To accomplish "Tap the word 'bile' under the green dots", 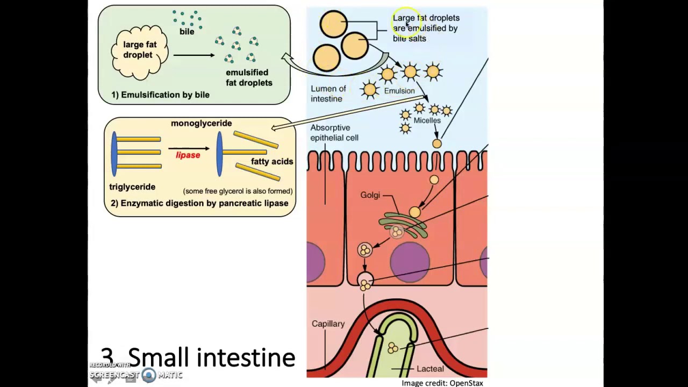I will tap(187, 32).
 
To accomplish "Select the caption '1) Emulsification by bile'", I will tap(160, 95).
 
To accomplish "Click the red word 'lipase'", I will tap(188, 155).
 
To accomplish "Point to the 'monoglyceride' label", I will tap(201, 123).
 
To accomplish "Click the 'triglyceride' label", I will tap(132, 187).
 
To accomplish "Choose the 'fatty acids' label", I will tap(272, 161).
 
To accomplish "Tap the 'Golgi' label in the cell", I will tap(370, 195).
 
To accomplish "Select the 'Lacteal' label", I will tap(430, 369).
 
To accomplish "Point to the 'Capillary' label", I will tap(328, 324).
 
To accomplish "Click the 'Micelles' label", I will tap(427, 120).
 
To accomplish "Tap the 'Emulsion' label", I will tap(399, 91).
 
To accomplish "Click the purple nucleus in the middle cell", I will tap(410, 262).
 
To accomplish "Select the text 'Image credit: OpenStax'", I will tap(442, 383).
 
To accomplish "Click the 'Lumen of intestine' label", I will tap(328, 94).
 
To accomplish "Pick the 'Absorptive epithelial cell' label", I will tap(334, 133).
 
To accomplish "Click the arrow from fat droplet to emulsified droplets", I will tap(193, 55).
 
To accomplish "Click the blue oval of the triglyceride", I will tap(114, 154).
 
